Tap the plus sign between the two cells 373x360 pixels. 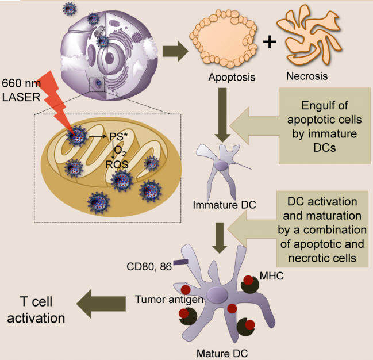click(269, 41)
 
